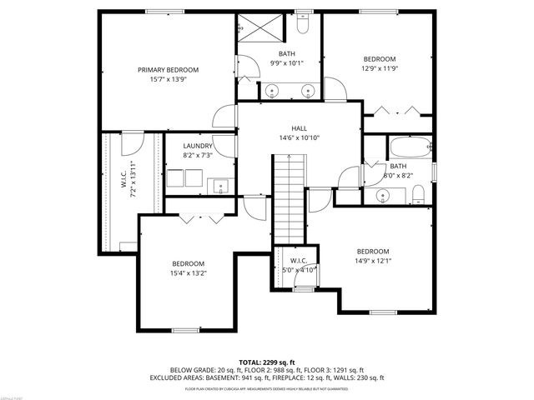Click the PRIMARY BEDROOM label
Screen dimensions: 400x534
(x=168, y=70)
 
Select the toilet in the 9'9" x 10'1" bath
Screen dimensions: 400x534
(x=303, y=26)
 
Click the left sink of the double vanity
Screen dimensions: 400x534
(x=273, y=91)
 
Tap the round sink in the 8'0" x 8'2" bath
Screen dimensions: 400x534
(x=383, y=196)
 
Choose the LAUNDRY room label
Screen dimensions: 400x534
(x=198, y=146)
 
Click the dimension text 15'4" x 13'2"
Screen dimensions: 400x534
(x=188, y=272)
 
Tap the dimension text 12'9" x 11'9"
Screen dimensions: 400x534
(x=379, y=70)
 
